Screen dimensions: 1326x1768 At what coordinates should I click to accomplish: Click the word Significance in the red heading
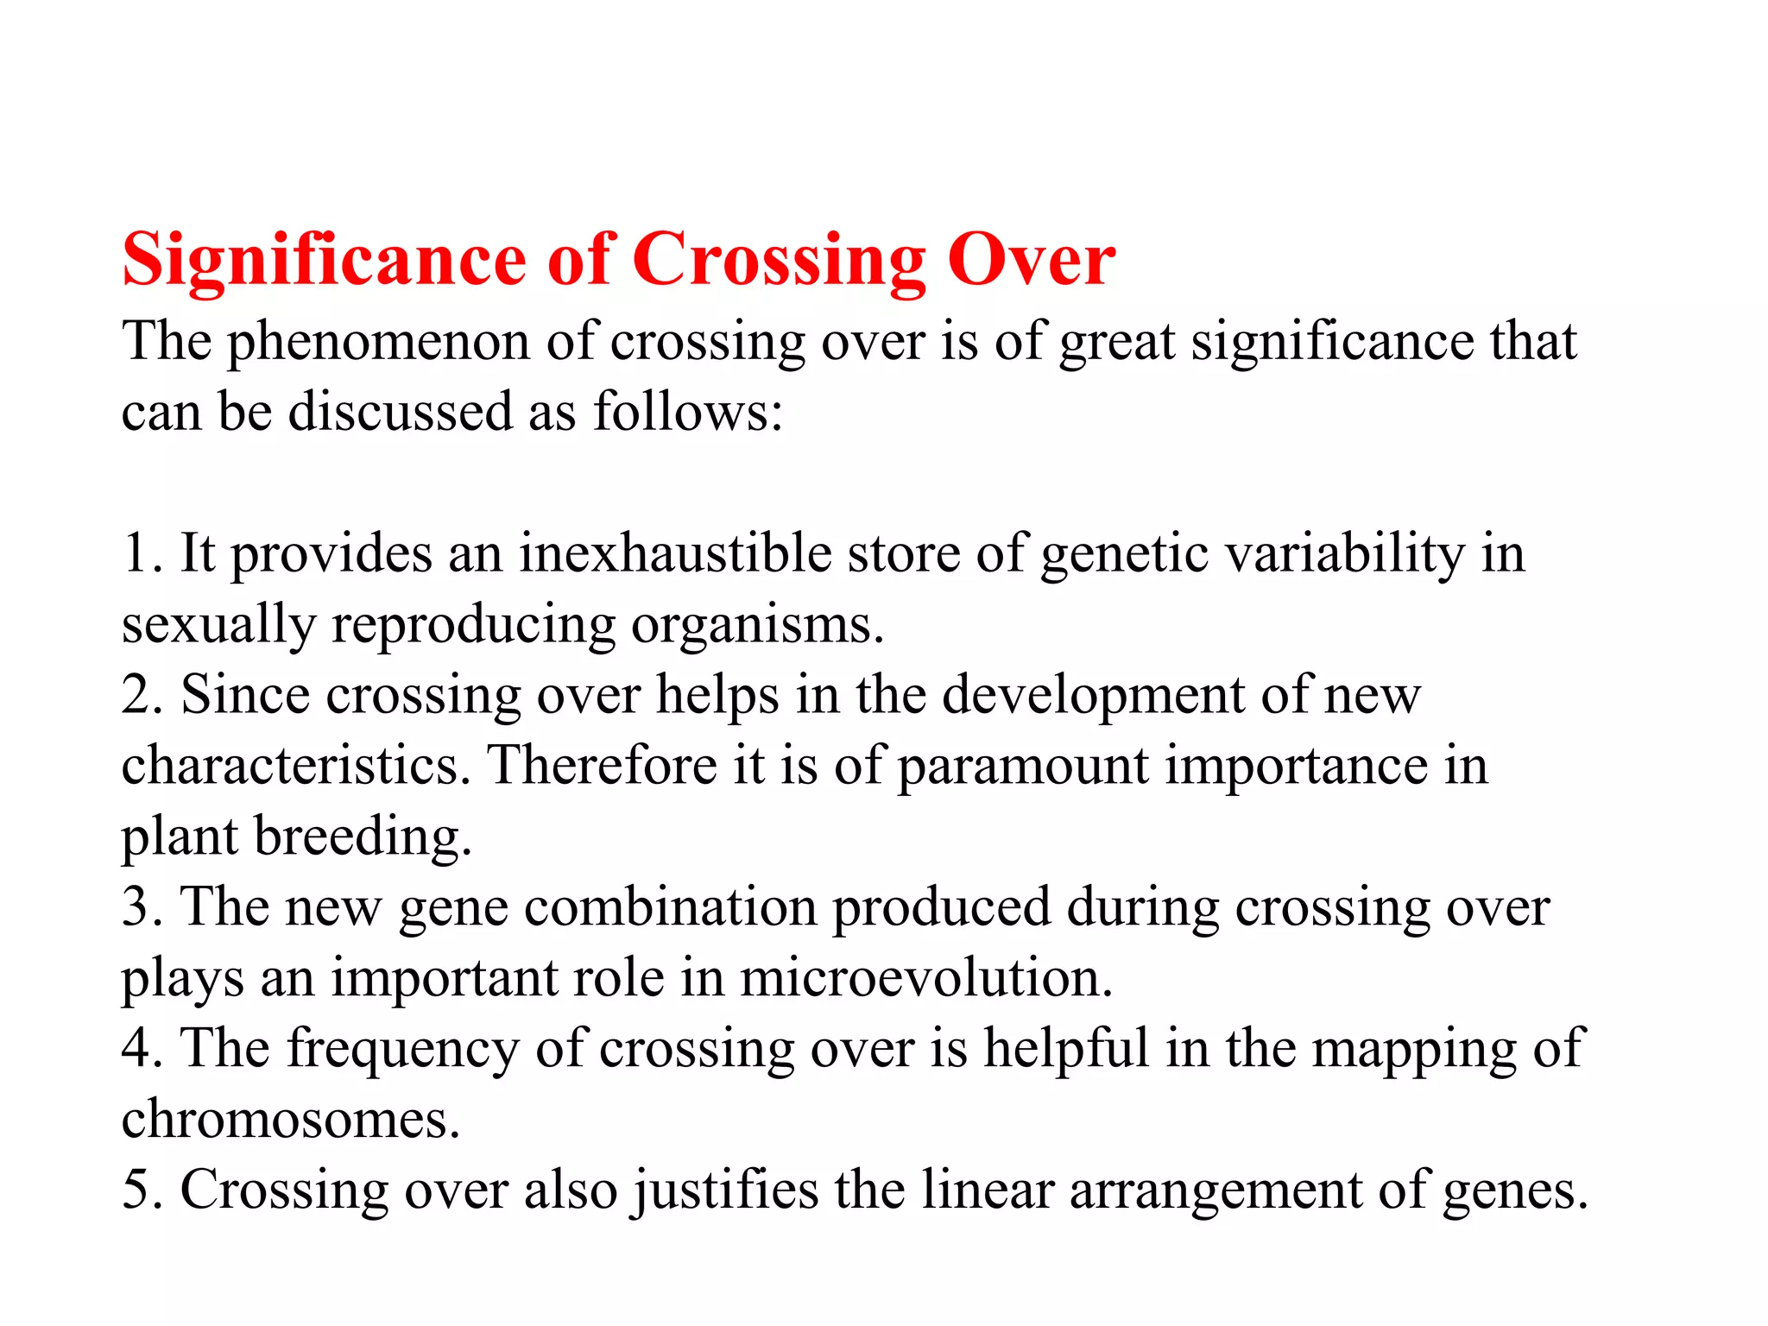(324, 261)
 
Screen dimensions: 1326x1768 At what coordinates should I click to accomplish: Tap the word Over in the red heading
(1031, 261)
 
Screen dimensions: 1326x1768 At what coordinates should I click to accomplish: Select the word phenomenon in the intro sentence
(378, 343)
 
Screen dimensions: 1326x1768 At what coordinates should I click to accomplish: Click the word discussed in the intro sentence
(400, 413)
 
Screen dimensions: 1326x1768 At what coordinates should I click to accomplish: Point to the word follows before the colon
(679, 413)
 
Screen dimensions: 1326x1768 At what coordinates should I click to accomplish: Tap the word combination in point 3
(670, 908)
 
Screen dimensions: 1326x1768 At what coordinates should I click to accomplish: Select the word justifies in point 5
(725, 1191)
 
